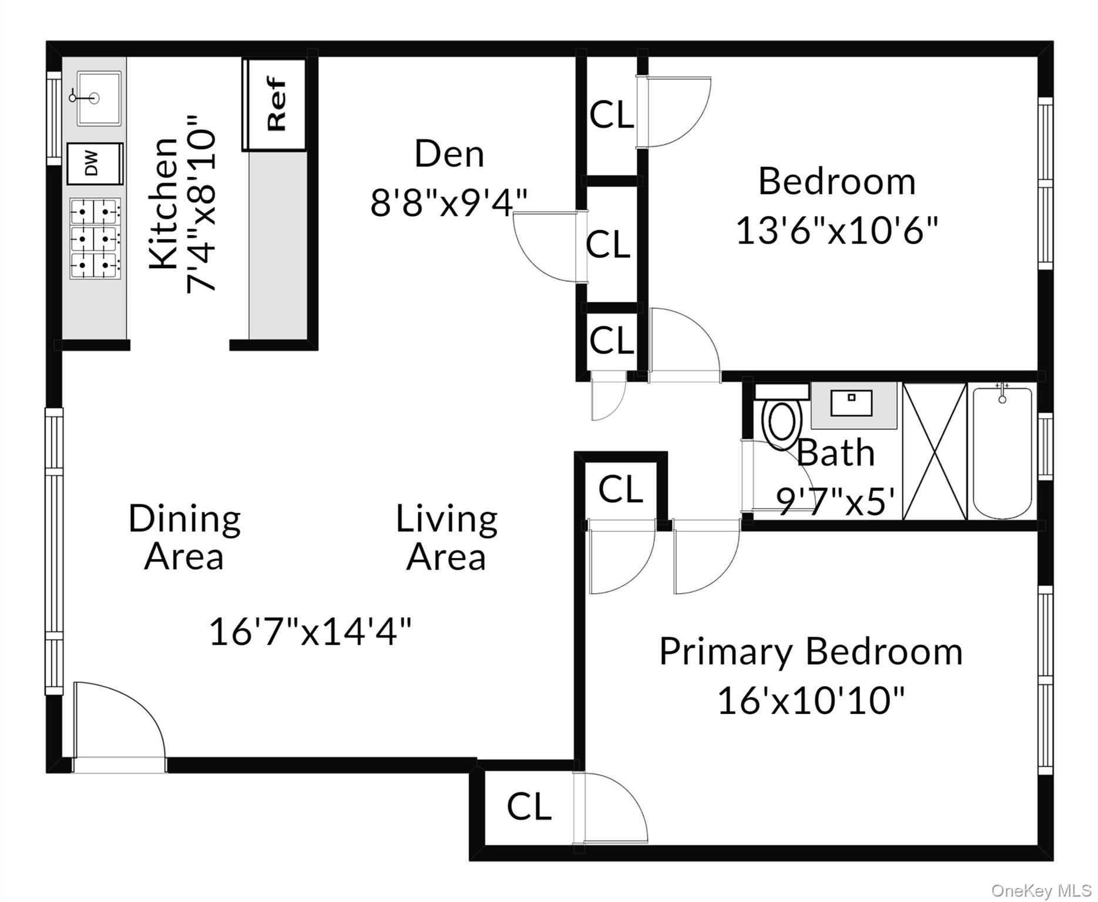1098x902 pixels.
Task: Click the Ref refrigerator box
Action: pyautogui.click(x=275, y=104)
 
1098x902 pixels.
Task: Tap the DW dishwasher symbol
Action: pyautogui.click(x=94, y=163)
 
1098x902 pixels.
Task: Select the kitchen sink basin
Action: pyautogui.click(x=99, y=98)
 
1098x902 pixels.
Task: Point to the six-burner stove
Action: pyautogui.click(x=95, y=238)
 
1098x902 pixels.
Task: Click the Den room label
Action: pyautogui.click(x=449, y=154)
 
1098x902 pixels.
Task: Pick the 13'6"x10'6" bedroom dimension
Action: pyautogui.click(x=837, y=230)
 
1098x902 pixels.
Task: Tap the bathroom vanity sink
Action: pyautogui.click(x=852, y=404)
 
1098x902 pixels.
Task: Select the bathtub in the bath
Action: pyautogui.click(x=1002, y=452)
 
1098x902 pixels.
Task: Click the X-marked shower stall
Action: pyautogui.click(x=934, y=451)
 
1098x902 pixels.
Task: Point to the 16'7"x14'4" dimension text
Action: pyautogui.click(x=310, y=632)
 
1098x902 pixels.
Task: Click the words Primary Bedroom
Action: pyautogui.click(x=811, y=652)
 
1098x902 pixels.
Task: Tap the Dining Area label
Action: pyautogui.click(x=184, y=537)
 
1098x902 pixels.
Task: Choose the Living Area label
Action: pyautogui.click(x=446, y=537)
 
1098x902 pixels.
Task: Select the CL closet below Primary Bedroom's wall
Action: pyautogui.click(x=529, y=806)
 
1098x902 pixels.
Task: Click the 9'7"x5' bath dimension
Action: pyautogui.click(x=835, y=501)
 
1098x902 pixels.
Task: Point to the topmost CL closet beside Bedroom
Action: pyautogui.click(x=611, y=115)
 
